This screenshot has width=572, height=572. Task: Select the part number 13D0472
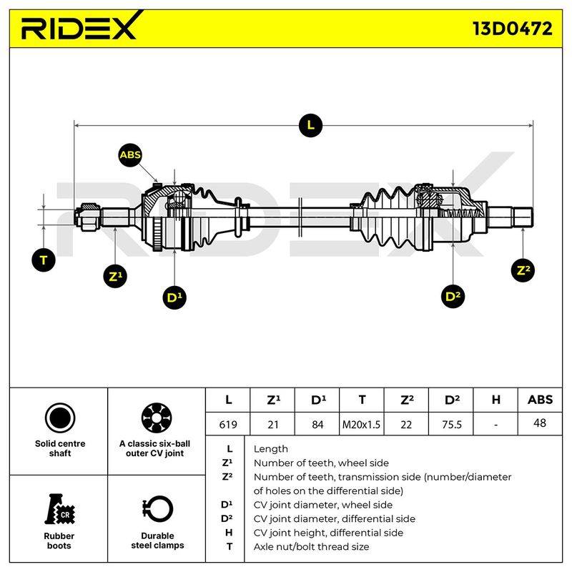pyautogui.click(x=513, y=29)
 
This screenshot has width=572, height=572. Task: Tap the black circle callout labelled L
pyautogui.click(x=310, y=126)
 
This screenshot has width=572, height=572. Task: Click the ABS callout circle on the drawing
pyautogui.click(x=130, y=155)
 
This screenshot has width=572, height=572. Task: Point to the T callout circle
pyautogui.click(x=44, y=260)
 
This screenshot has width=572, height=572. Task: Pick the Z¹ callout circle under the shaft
pyautogui.click(x=115, y=276)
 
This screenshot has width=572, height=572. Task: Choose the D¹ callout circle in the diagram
pyautogui.click(x=174, y=297)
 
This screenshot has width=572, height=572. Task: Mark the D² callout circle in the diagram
pyautogui.click(x=453, y=296)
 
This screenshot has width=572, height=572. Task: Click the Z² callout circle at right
pyautogui.click(x=523, y=270)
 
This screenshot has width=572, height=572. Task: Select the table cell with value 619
pyautogui.click(x=228, y=424)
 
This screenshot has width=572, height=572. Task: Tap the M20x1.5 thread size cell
pyautogui.click(x=361, y=424)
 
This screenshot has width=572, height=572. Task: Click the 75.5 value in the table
pyautogui.click(x=451, y=424)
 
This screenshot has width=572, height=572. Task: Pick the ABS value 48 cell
pyautogui.click(x=540, y=423)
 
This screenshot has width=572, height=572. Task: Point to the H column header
pyautogui.click(x=495, y=400)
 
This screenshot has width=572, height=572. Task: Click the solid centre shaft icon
pyautogui.click(x=60, y=418)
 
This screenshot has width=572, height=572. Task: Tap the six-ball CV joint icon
pyautogui.click(x=157, y=418)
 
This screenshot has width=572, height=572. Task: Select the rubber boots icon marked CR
pyautogui.click(x=59, y=509)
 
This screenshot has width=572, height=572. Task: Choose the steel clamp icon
pyautogui.click(x=157, y=509)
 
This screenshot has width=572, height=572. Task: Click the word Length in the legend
pyautogui.click(x=271, y=449)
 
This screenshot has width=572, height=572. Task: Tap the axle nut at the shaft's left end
pyautogui.click(x=87, y=217)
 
